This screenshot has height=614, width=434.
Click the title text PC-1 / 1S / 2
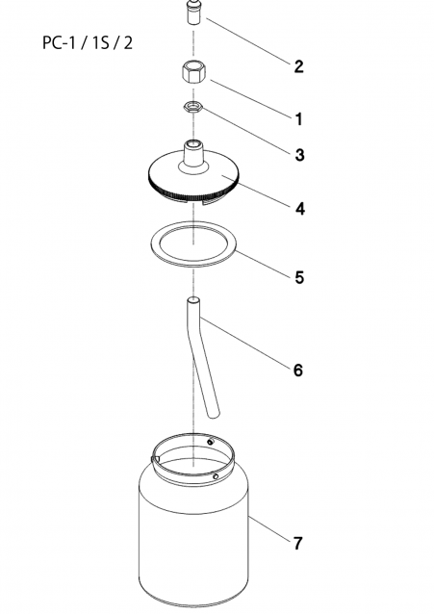click(x=88, y=42)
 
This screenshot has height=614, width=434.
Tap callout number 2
click(x=299, y=66)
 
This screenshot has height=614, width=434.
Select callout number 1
click(x=299, y=119)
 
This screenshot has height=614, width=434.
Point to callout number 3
click(x=299, y=155)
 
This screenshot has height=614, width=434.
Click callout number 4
click(x=299, y=209)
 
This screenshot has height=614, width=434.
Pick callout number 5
click(x=299, y=277)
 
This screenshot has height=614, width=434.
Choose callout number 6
click(x=298, y=370)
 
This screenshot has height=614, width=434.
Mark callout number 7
click(x=298, y=544)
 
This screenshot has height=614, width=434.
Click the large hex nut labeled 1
click(x=193, y=71)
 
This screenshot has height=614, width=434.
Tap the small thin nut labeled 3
click(x=193, y=107)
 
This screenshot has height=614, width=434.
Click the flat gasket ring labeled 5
click(x=193, y=244)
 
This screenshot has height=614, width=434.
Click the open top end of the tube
click(x=193, y=300)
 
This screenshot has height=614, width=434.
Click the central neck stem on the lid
click(x=193, y=155)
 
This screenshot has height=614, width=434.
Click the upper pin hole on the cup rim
click(x=211, y=442)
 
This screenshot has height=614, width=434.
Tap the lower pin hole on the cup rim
click(x=215, y=476)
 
